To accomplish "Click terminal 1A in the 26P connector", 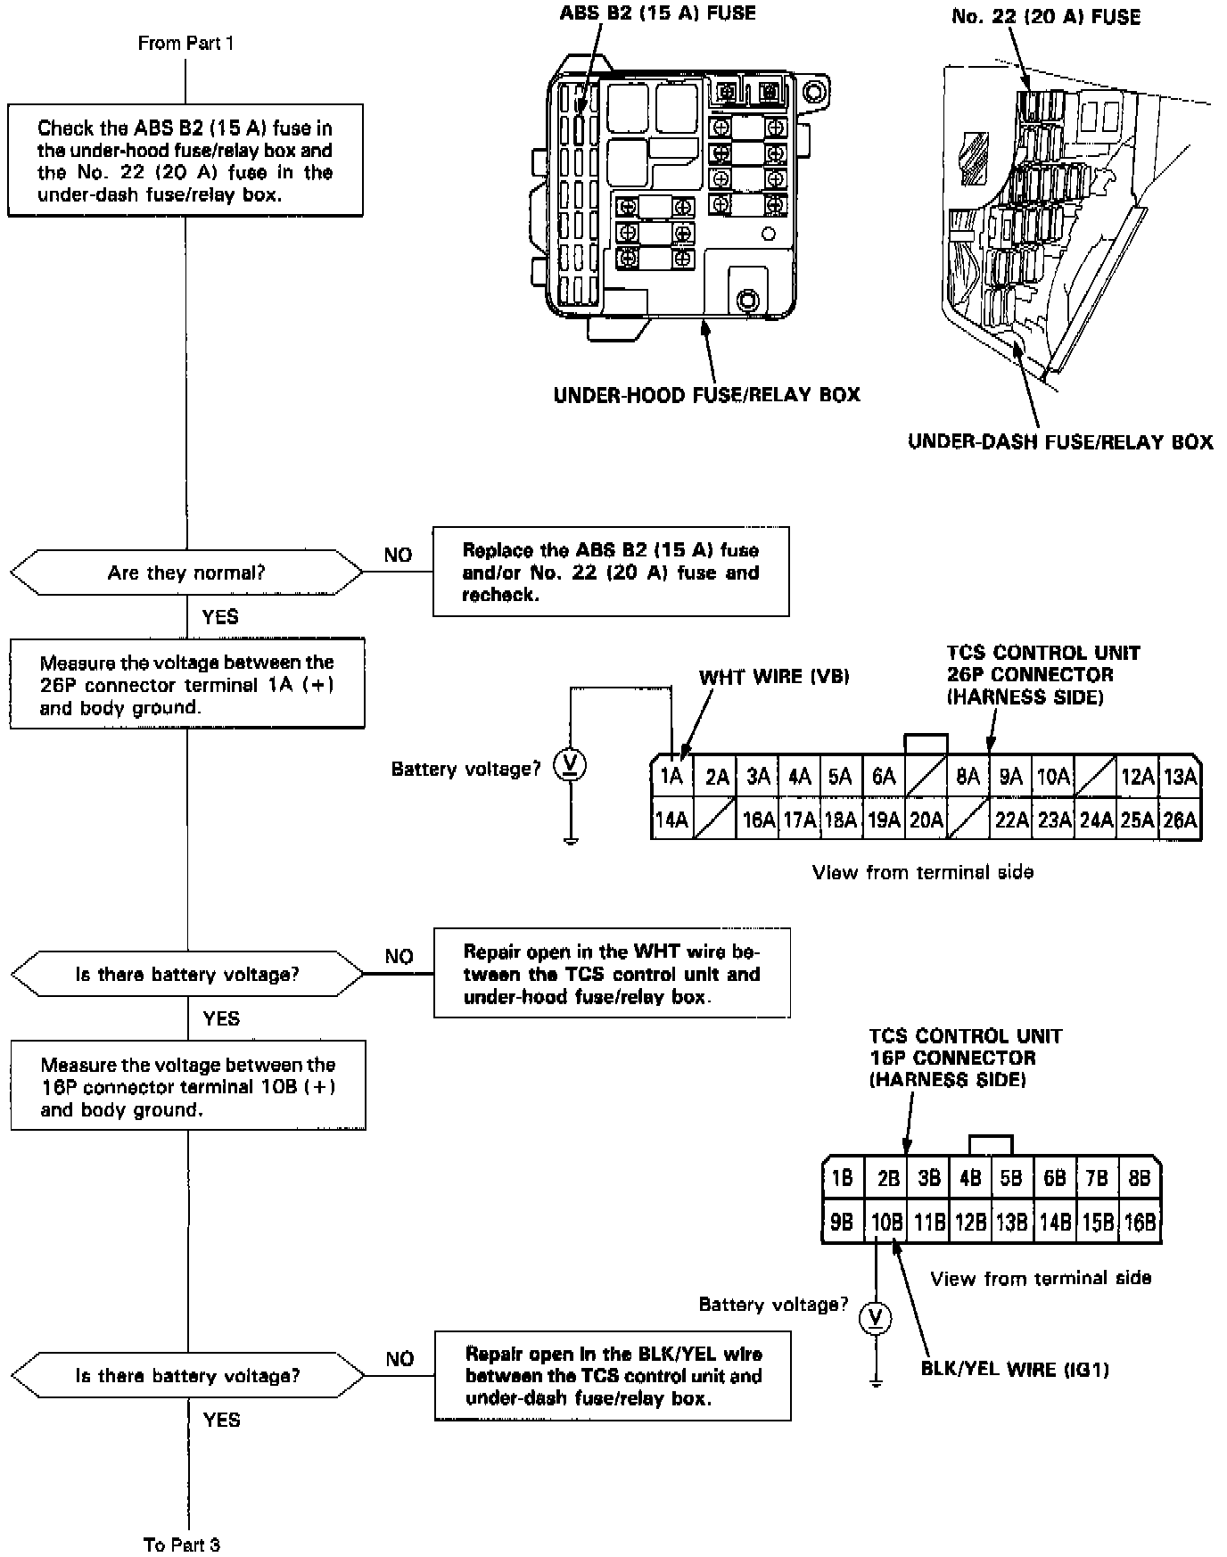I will click(x=671, y=776).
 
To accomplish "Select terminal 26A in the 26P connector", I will click(x=1180, y=820).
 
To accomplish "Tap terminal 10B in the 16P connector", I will click(x=886, y=1222).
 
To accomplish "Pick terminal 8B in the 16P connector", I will click(x=1140, y=1178).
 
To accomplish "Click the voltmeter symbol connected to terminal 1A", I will click(x=571, y=765).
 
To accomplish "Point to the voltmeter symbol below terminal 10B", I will click(x=876, y=1318).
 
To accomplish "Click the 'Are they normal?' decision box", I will click(x=186, y=573).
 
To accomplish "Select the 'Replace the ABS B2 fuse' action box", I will click(x=611, y=573).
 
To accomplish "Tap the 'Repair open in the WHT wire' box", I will click(x=612, y=974).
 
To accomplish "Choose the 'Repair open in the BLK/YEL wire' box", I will click(x=613, y=1376).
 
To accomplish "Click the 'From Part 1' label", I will click(x=185, y=43).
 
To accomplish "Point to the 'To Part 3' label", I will click(x=182, y=1544).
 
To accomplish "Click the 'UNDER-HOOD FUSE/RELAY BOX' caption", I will click(x=707, y=394).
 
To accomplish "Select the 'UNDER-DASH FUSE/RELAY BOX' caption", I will click(x=1060, y=441).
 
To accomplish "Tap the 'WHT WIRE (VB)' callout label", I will click(x=774, y=677).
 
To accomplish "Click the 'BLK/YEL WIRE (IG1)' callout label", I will click(x=1015, y=1369).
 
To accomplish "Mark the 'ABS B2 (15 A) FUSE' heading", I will click(x=658, y=13).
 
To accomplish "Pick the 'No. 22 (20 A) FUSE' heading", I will click(x=1046, y=17).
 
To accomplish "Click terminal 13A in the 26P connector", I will click(x=1180, y=776).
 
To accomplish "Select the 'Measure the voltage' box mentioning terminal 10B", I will click(x=188, y=1086).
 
